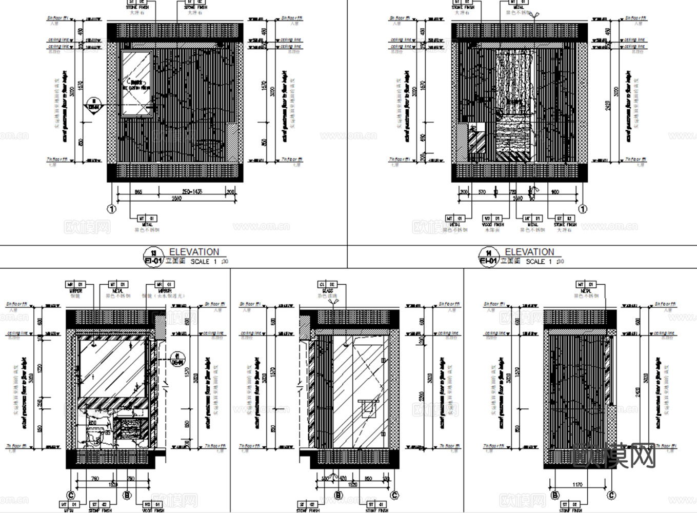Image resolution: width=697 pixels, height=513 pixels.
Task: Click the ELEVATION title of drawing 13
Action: (x=194, y=252)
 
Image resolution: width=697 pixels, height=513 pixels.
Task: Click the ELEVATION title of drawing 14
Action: (x=529, y=252)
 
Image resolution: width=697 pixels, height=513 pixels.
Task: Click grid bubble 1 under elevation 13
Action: (x=112, y=209)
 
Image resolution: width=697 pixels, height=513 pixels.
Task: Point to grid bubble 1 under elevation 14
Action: (x=583, y=209)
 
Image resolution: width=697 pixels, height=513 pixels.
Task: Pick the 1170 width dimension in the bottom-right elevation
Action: (x=577, y=484)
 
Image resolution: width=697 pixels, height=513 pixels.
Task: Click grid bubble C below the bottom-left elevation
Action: (x=71, y=495)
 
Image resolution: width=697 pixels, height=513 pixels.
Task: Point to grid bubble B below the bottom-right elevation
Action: (x=555, y=496)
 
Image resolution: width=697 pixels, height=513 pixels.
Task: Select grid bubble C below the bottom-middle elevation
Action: (x=394, y=496)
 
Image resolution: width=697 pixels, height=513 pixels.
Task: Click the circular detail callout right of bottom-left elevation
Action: (x=177, y=358)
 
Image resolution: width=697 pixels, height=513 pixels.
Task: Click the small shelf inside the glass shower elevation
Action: (x=368, y=401)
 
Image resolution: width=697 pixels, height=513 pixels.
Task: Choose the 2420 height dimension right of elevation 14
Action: (x=608, y=106)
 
